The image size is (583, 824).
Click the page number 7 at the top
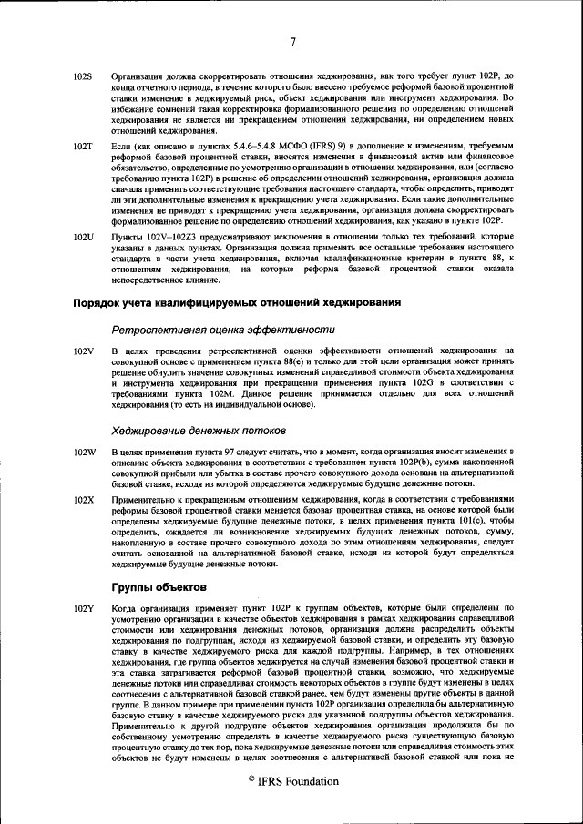point(292,42)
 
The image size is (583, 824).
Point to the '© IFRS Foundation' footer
point(292,781)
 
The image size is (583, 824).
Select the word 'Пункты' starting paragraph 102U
point(127,237)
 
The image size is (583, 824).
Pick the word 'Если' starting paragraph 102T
point(120,146)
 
